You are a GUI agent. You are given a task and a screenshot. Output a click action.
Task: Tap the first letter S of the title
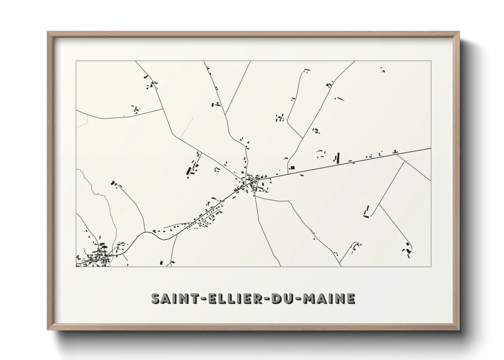155,299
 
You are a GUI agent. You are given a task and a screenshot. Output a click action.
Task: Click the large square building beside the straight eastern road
292,168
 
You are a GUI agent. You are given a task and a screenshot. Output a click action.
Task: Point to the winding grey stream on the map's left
102,197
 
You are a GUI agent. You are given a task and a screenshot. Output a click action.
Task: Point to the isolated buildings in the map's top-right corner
382,70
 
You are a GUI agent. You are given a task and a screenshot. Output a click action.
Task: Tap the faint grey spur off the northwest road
187,128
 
